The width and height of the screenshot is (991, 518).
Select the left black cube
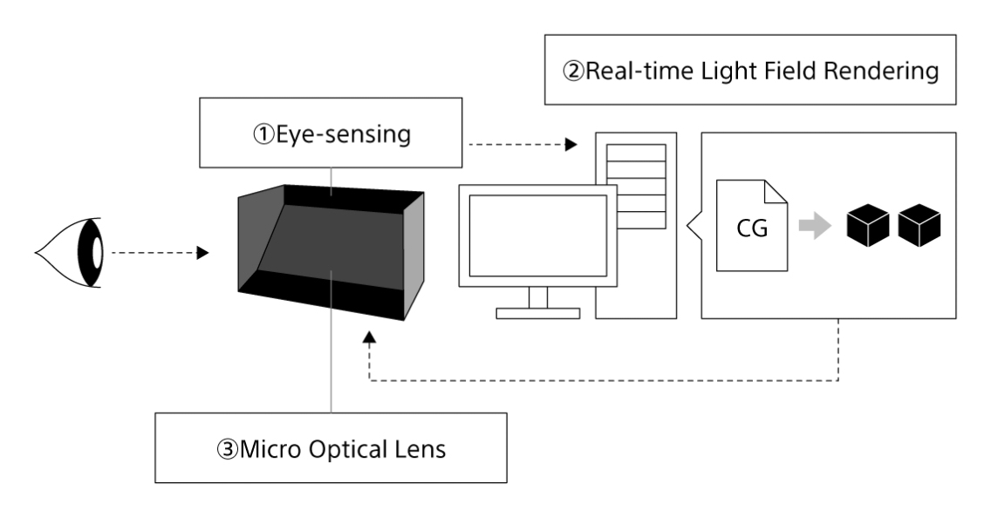pos(866,225)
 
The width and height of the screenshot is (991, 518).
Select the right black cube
pos(919,225)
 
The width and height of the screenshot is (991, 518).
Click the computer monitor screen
pos(537,235)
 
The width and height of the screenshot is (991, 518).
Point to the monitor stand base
pos(537,312)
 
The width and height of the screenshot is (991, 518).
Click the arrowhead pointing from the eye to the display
pos(202,253)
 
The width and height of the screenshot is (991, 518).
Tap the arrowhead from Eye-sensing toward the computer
pos(571,145)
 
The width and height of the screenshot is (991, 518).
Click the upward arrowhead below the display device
pos(371,337)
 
